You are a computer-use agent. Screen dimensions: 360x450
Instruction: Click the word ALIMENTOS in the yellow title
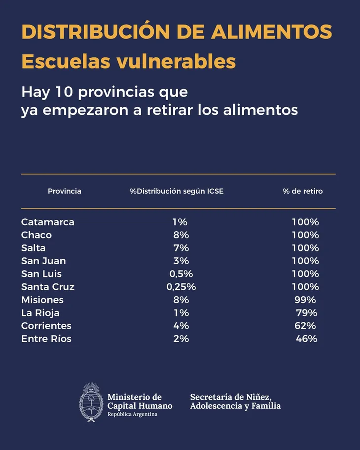point(271,32)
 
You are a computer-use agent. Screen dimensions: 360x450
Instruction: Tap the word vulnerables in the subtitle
point(176,61)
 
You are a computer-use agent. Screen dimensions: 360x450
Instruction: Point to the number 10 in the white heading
point(64,92)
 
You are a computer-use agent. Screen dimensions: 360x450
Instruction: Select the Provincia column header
point(64,191)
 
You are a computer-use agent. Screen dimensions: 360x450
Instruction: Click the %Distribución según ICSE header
point(176,191)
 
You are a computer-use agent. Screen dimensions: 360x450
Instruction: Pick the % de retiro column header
point(303,191)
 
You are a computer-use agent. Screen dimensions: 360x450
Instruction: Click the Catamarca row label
point(48,222)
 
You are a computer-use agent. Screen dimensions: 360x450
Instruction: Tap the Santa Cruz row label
point(48,287)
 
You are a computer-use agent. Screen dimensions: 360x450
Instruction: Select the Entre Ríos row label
point(46,339)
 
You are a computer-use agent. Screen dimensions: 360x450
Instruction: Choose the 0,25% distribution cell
point(181,287)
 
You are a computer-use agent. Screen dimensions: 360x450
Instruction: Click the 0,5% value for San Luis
point(181,274)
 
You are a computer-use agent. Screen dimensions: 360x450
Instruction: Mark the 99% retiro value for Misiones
point(305,300)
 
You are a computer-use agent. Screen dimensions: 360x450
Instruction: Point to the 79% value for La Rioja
point(307,313)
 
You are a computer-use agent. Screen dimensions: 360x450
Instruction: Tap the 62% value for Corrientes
point(305,326)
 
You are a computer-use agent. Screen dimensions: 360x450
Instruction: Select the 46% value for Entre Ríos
point(307,339)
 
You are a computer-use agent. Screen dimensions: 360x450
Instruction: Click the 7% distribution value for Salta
point(181,248)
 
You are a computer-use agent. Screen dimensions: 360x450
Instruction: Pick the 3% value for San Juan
point(181,261)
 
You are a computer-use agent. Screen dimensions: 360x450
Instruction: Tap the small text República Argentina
point(132,414)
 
